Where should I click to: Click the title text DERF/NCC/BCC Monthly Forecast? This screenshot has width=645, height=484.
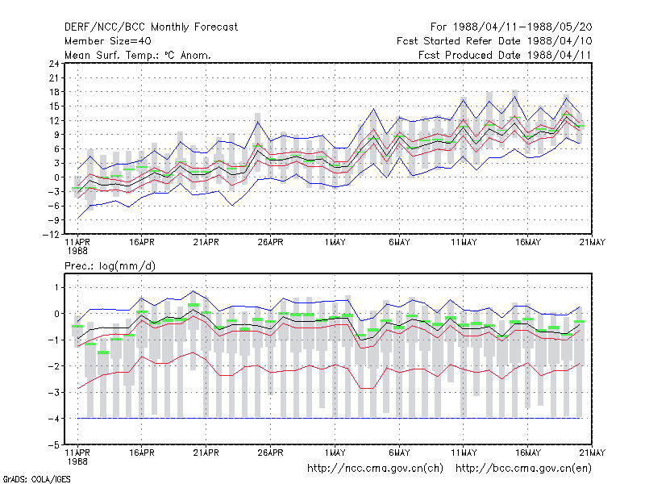[x=151, y=27]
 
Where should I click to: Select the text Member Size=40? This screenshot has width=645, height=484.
[x=108, y=41]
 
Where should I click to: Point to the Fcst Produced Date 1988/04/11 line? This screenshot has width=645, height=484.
[x=505, y=55]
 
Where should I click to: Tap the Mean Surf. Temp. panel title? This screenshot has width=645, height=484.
[x=138, y=55]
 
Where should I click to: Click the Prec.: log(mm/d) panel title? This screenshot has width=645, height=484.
[x=110, y=266]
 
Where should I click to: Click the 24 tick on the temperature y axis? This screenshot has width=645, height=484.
[x=54, y=64]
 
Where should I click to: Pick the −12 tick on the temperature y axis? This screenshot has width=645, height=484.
[x=51, y=235]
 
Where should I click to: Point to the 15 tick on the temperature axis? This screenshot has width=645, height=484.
[x=54, y=106]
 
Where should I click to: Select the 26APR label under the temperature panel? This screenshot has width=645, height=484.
[x=271, y=243]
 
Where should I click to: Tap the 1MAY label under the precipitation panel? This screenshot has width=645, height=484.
[x=335, y=453]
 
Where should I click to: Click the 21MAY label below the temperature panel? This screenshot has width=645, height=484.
[x=593, y=243]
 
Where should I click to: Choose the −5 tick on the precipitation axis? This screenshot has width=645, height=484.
[x=54, y=445]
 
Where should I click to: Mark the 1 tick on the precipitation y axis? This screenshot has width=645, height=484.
[x=56, y=287]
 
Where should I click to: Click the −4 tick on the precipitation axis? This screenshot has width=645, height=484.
[x=54, y=419]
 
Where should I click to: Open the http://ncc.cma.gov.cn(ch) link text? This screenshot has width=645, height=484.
[x=375, y=469]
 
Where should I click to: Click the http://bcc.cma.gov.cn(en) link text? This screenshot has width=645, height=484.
[x=523, y=469]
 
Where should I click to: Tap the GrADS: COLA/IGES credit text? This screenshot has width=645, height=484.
[x=36, y=479]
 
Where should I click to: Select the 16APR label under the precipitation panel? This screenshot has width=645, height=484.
[x=142, y=453]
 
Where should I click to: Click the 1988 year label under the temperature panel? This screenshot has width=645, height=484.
[x=77, y=251]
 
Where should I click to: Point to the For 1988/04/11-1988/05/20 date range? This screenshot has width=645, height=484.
[x=511, y=27]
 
